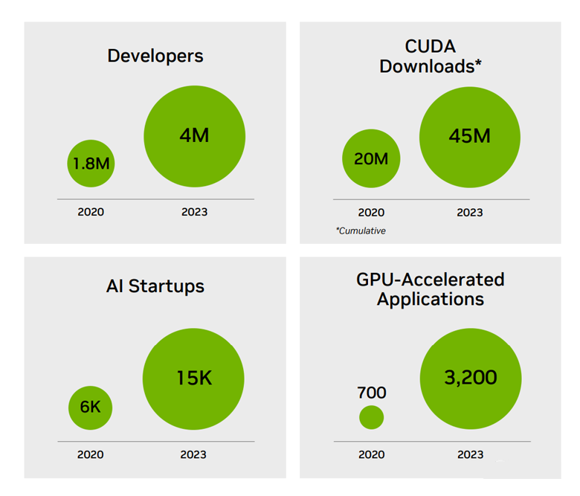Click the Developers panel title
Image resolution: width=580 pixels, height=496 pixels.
tap(155, 56)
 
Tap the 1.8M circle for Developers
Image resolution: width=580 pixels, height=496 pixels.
tap(91, 163)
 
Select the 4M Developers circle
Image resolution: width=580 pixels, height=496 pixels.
tap(194, 135)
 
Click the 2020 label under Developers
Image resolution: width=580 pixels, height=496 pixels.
tap(91, 212)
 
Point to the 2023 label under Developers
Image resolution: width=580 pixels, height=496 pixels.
tap(194, 212)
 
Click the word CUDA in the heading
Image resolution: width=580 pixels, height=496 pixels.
tap(431, 46)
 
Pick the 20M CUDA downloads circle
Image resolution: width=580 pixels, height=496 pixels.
tap(371, 158)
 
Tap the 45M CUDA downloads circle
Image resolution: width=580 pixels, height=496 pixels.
tap(470, 135)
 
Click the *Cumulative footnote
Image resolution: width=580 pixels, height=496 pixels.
tap(361, 231)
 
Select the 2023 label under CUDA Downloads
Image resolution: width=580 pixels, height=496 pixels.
tap(470, 212)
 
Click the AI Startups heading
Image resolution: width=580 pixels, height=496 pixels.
tap(155, 286)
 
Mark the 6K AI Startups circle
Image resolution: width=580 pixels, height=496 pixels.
tap(91, 407)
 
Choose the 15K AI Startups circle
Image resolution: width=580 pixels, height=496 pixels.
tap(194, 378)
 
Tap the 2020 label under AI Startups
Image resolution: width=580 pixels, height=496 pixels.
tap(91, 454)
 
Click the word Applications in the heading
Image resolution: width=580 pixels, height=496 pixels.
tap(431, 300)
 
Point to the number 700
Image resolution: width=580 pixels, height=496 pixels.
tap(372, 392)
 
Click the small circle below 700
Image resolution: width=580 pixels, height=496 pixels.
tap(372, 417)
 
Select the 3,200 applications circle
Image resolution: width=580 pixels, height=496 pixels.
tap(470, 378)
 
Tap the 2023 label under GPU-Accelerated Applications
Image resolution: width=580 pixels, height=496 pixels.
tap(470, 454)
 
